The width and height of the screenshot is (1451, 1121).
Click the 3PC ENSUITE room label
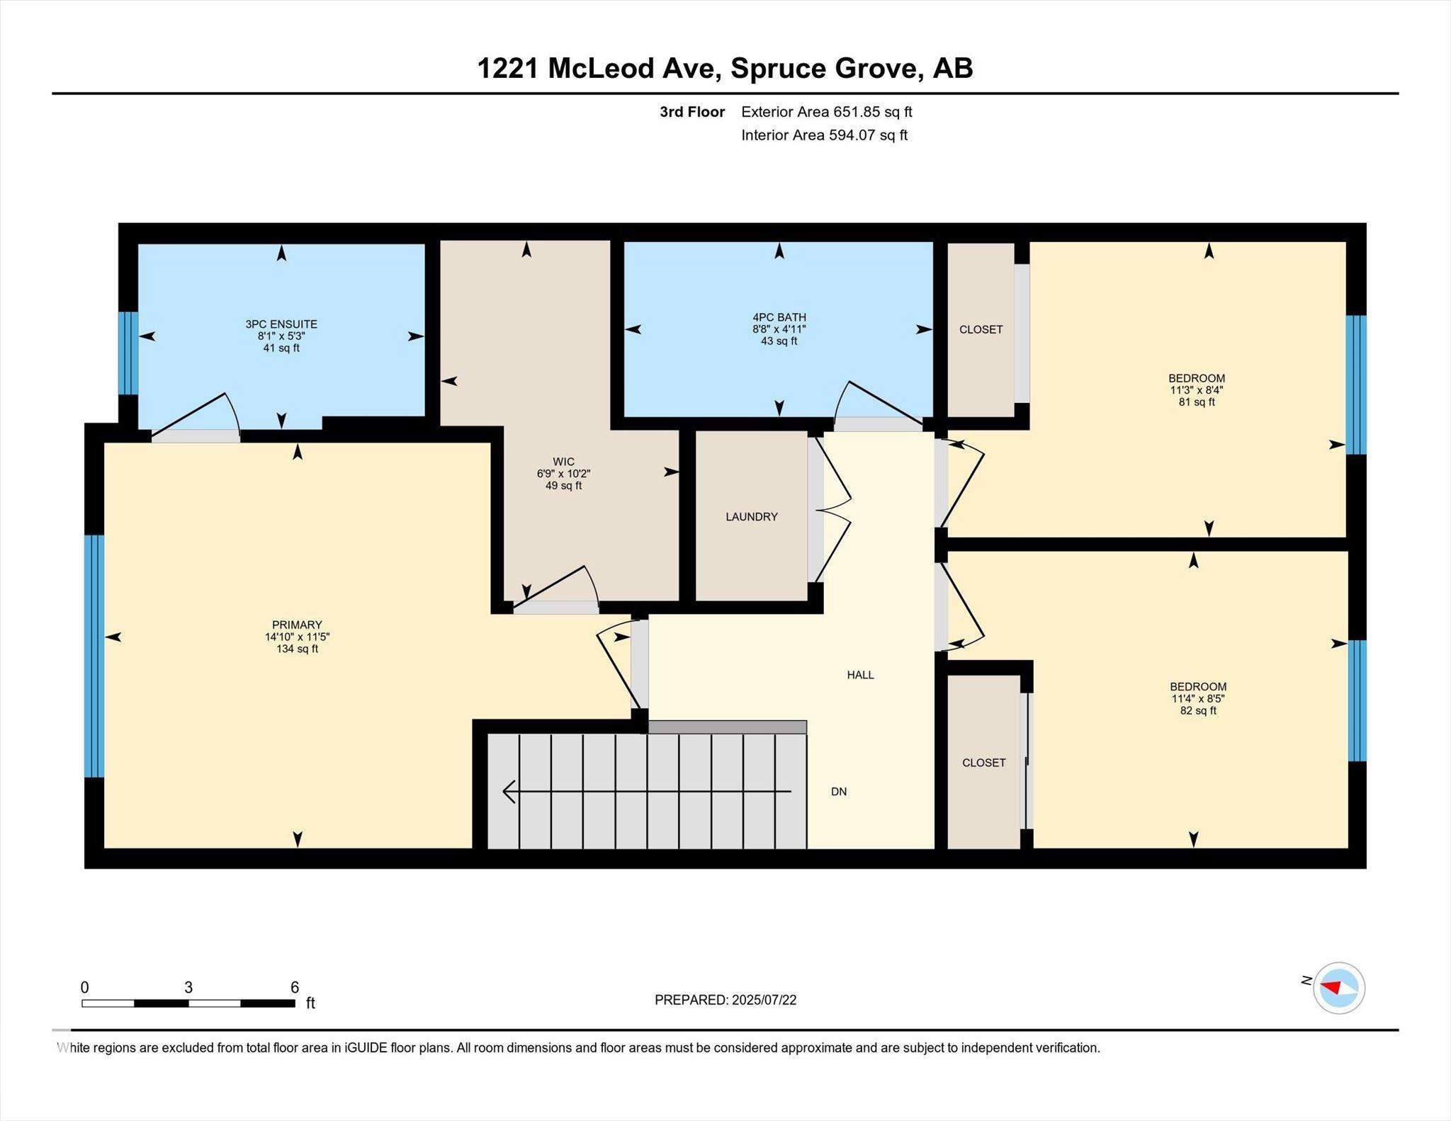[281, 324]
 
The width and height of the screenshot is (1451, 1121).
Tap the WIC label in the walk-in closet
[564, 462]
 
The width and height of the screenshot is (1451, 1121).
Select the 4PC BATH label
[779, 317]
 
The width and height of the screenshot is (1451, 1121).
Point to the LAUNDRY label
[752, 517]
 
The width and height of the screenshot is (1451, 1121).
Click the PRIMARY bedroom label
[298, 625]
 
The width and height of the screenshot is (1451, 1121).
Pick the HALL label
[861, 675]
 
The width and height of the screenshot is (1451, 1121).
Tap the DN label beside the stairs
[839, 792]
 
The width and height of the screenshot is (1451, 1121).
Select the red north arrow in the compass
[1331, 987]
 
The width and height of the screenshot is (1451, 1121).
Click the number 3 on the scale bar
[188, 987]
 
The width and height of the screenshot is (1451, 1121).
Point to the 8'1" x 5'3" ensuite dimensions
[281, 336]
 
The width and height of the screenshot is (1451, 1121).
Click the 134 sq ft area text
[298, 649]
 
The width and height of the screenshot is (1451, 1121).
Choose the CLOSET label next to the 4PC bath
[981, 329]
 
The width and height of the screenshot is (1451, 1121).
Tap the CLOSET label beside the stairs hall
[984, 763]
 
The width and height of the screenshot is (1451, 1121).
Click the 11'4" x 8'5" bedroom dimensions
[1198, 698]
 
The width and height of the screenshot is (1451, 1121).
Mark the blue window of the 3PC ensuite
[128, 353]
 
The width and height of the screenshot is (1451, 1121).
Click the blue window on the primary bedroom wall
[94, 656]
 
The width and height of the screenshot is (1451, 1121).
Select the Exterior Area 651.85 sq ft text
[827, 112]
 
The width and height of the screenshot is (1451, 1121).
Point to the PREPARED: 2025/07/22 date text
[725, 1000]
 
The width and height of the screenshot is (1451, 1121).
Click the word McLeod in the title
[601, 69]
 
